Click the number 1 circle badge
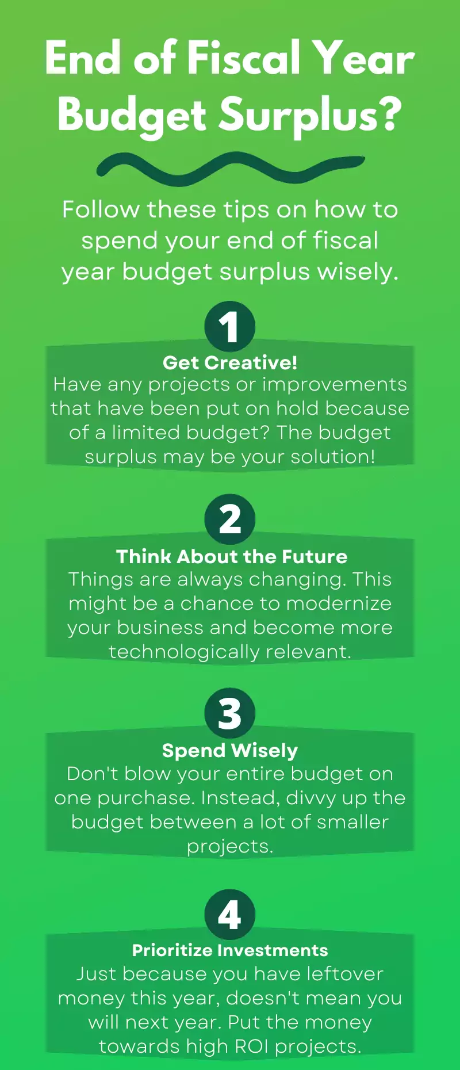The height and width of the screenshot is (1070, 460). click(x=230, y=326)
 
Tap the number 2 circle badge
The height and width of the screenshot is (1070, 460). click(x=230, y=519)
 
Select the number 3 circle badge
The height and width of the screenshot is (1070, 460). click(x=230, y=713)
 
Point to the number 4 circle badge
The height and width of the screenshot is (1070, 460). click(x=230, y=915)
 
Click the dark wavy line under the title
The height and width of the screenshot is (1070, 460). click(x=230, y=169)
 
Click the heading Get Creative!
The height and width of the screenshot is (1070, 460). click(x=230, y=362)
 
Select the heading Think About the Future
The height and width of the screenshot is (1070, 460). click(x=232, y=556)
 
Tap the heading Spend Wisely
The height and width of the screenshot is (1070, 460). click(x=230, y=750)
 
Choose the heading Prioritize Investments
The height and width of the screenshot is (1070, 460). click(x=230, y=950)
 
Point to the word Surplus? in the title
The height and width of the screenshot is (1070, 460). click(x=310, y=114)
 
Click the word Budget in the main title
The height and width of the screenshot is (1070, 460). click(x=132, y=114)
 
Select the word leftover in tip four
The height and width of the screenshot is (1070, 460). click(x=344, y=973)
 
